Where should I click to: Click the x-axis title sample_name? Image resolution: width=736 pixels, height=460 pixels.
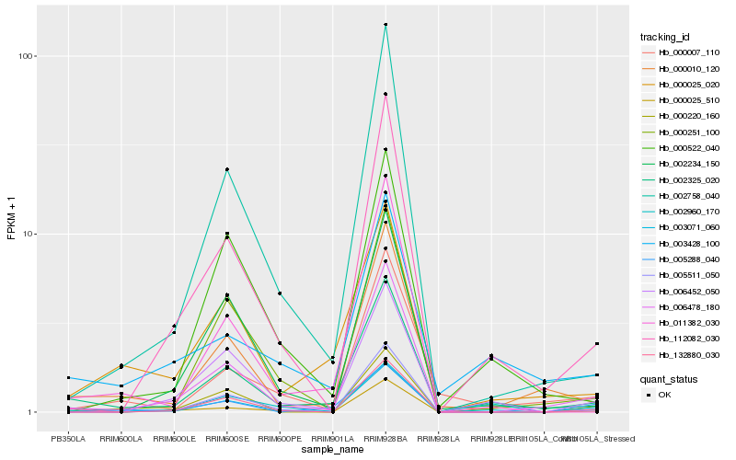pos(332,450)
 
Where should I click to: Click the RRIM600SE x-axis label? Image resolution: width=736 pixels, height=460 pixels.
pos(226,439)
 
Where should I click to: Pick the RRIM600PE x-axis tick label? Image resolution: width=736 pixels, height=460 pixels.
pos(279,439)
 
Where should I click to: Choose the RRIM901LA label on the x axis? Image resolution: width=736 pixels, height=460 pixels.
pos(332,439)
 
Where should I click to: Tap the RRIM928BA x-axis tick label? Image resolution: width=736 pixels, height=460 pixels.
pos(385,439)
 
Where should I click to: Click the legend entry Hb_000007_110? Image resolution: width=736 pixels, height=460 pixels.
pos(689,52)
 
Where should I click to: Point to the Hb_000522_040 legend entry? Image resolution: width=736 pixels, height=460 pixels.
pos(689,149)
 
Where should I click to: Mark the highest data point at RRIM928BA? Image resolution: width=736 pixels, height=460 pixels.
pos(385,24)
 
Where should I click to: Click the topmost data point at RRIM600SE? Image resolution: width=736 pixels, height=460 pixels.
pos(226,169)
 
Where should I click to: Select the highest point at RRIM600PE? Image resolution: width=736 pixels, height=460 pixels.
pos(279,293)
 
